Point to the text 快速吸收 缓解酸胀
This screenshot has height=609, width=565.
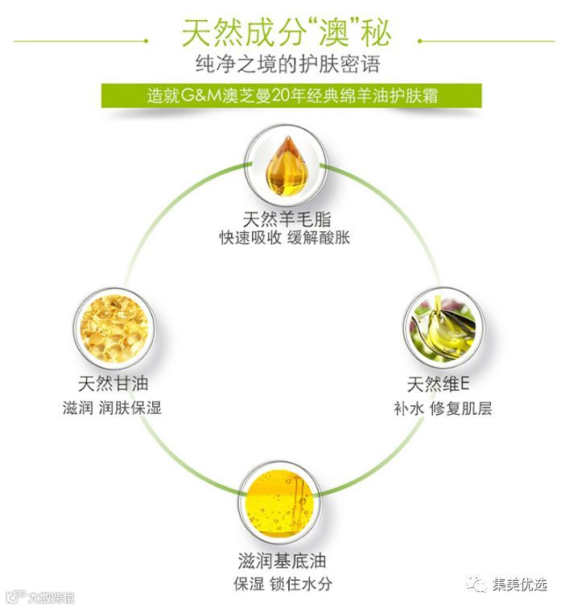click(285, 238)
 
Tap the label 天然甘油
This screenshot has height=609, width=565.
click(113, 384)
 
